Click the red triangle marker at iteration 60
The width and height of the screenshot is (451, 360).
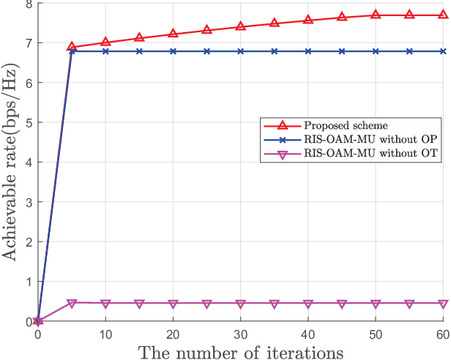[442, 15]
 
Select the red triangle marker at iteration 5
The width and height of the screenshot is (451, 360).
[72, 47]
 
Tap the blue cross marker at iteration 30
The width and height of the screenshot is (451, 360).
[240, 51]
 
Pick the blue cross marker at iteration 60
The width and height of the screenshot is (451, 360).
[442, 51]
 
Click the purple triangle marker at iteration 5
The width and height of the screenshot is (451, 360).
[72, 303]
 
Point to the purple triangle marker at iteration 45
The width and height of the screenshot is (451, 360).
[341, 304]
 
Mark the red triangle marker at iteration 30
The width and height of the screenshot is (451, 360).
[240, 27]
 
